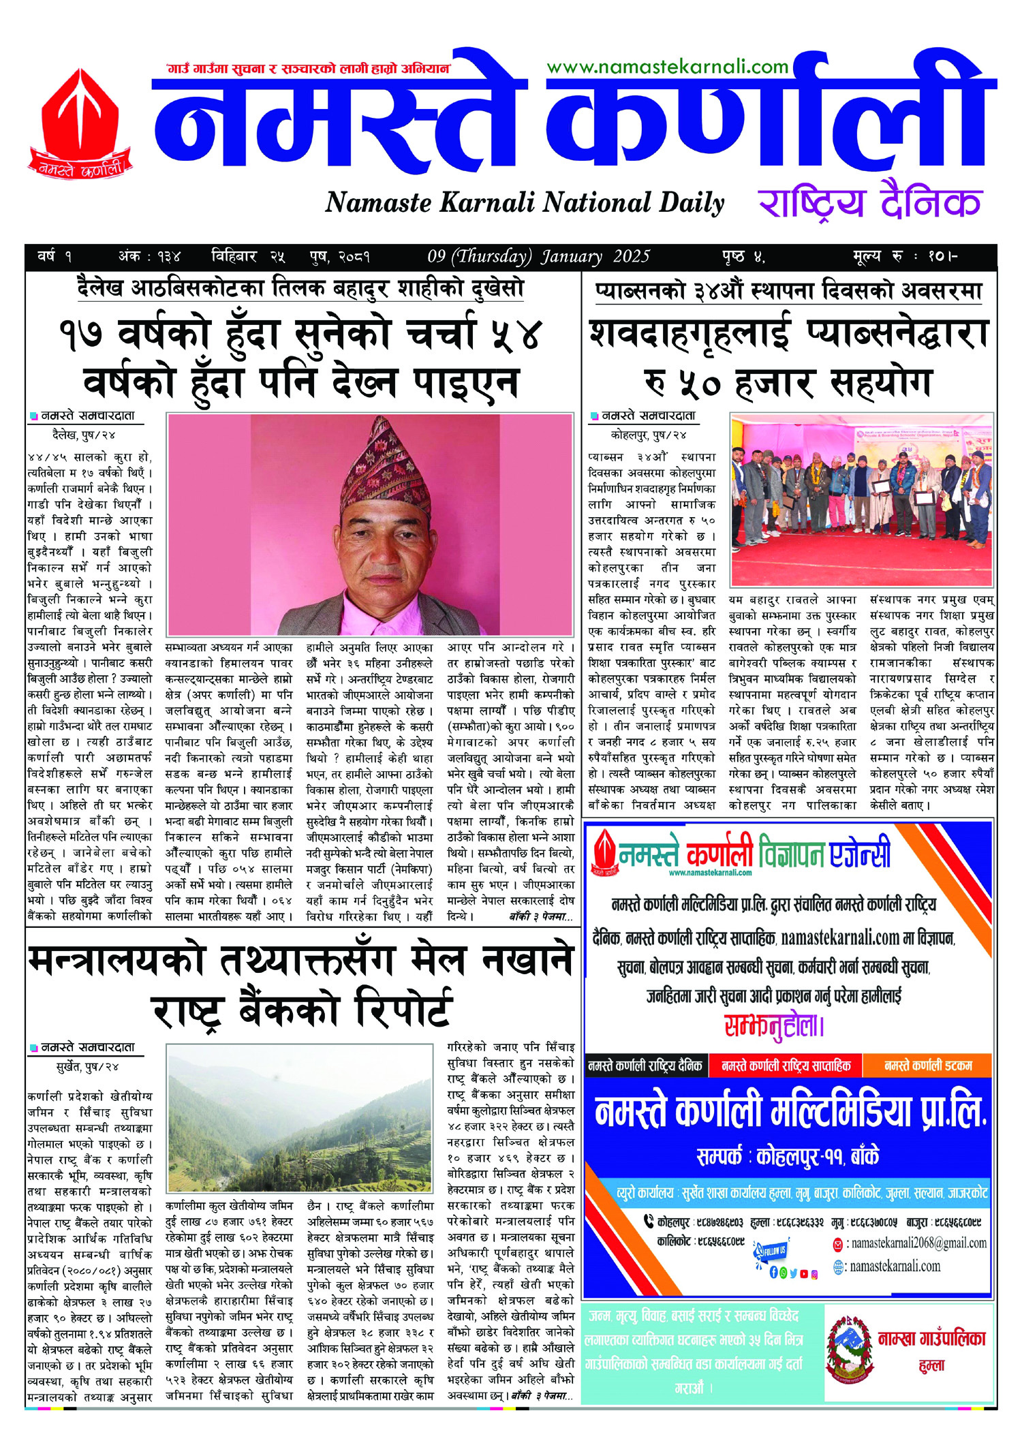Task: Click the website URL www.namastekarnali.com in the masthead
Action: (667, 67)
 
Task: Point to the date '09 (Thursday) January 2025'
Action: (538, 257)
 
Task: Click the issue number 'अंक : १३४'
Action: (149, 257)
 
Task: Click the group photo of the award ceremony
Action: (861, 499)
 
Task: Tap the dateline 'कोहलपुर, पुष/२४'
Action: (648, 434)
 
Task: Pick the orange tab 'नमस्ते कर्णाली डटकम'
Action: (927, 1066)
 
